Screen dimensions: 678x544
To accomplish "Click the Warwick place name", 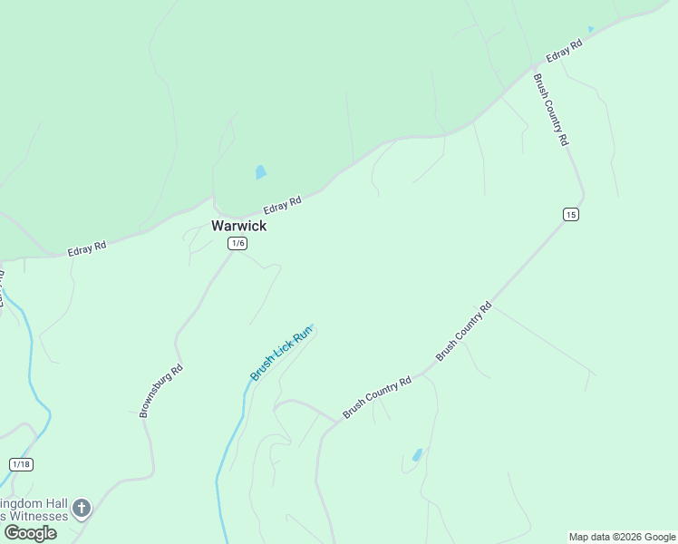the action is [x=238, y=226].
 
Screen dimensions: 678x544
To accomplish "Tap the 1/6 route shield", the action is [x=237, y=243].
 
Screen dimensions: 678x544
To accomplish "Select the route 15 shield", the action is [x=570, y=214].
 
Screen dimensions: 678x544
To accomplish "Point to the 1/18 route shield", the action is [x=21, y=464].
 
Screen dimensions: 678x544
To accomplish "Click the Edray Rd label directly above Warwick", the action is [x=282, y=206].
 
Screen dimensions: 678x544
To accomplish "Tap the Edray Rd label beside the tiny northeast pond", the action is [x=563, y=51].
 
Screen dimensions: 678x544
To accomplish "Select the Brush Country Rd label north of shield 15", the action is [x=550, y=110].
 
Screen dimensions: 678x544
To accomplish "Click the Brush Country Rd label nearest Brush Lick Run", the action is [x=377, y=397].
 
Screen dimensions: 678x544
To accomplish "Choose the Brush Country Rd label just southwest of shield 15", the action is [x=463, y=332].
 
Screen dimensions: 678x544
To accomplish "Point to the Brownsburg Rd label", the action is [x=161, y=391].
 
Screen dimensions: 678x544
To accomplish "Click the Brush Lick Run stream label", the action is [x=281, y=353].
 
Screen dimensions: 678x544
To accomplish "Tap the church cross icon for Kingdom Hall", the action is [x=82, y=508].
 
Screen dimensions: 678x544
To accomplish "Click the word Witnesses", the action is [x=38, y=516].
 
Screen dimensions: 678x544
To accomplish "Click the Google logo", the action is [x=31, y=533].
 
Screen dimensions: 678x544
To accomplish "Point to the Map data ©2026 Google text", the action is [x=622, y=537].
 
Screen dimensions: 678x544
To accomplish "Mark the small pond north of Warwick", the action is [x=260, y=171].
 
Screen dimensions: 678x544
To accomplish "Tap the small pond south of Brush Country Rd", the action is [x=417, y=455].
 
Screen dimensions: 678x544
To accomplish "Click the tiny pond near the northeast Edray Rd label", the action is [x=591, y=30].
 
